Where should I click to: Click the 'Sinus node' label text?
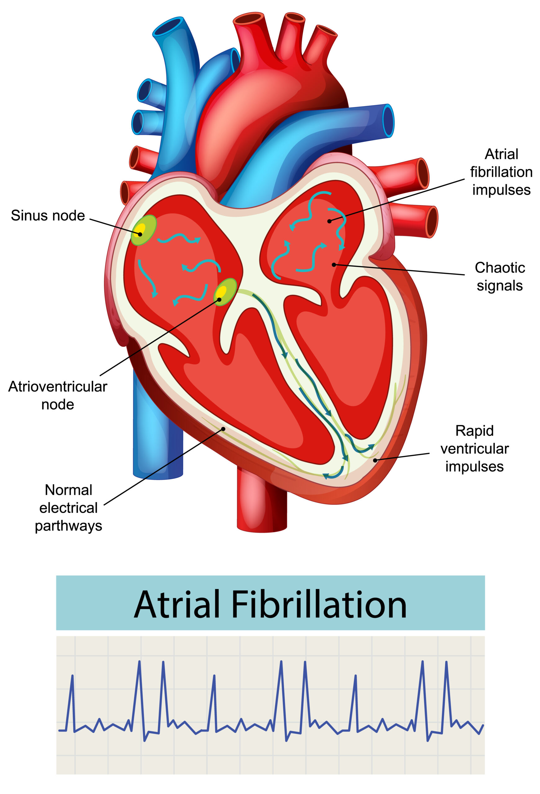[x=48, y=216]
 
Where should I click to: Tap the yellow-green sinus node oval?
[x=143, y=230]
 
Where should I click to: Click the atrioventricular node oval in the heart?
[x=225, y=292]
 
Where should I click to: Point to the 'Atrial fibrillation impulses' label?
[x=501, y=172]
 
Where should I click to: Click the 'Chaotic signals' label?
[x=499, y=276]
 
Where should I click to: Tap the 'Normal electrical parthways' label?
[x=68, y=508]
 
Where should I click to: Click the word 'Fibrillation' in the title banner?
[x=319, y=605]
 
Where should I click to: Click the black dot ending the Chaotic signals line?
[x=334, y=265]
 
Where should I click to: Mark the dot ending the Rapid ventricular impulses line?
[x=375, y=460]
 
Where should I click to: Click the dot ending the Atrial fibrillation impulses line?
[x=329, y=221]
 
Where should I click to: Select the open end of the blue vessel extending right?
[x=388, y=121]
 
